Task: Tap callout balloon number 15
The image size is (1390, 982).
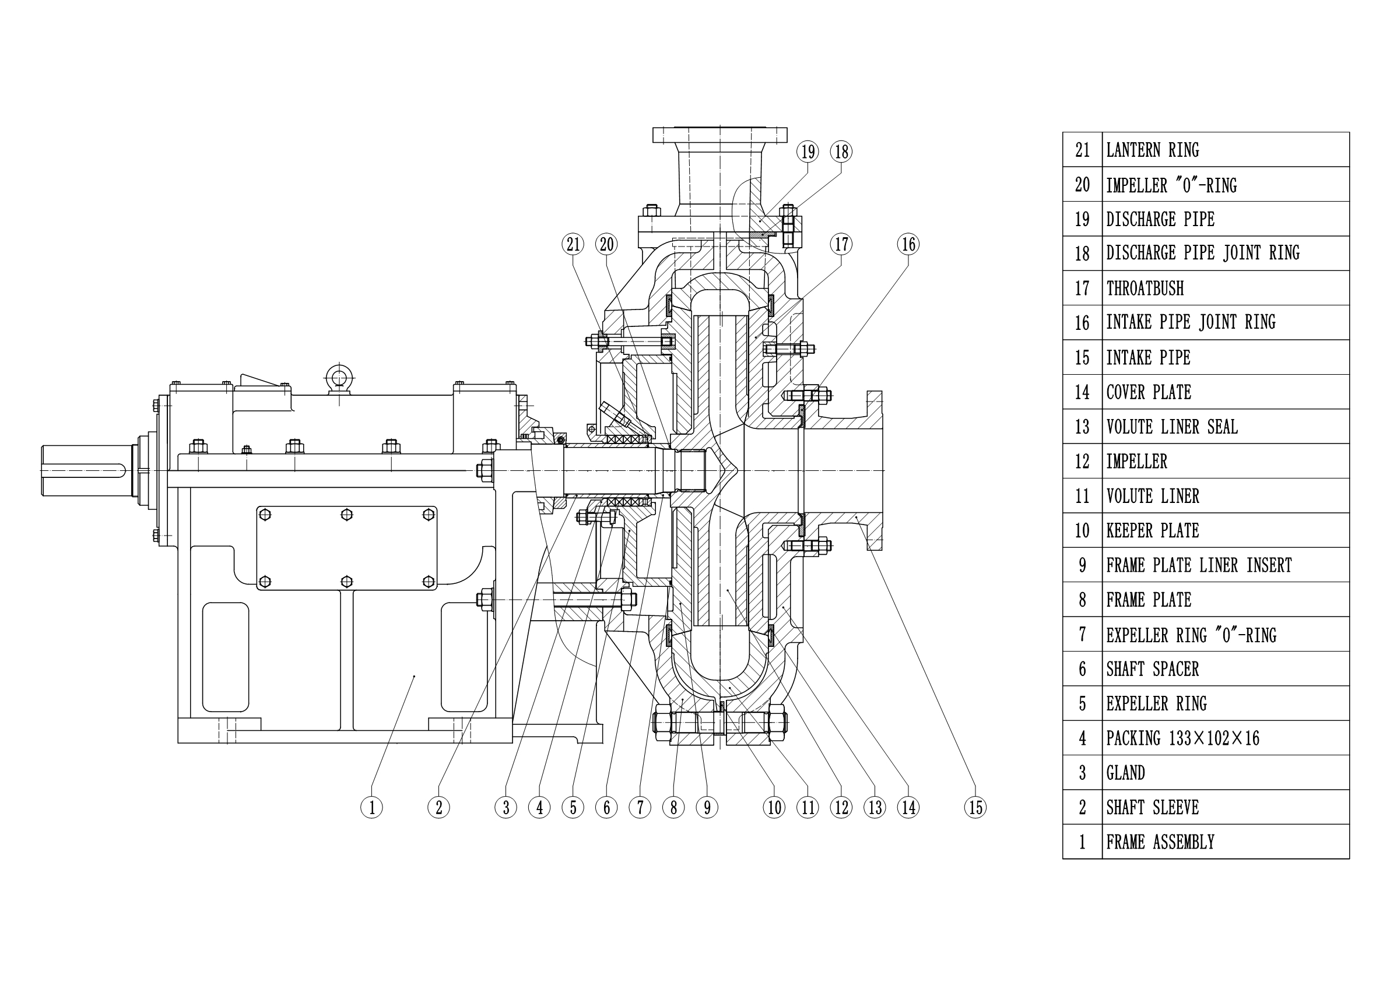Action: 975,807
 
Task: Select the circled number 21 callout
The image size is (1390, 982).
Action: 573,244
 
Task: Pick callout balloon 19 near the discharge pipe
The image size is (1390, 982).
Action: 808,152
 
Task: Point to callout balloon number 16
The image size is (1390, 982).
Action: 908,244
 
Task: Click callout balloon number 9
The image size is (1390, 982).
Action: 707,807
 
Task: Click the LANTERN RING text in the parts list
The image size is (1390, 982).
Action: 1152,150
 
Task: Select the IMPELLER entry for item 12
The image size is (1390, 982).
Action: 1136,462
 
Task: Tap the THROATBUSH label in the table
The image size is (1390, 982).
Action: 1144,288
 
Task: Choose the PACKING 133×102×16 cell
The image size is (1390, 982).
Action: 1182,738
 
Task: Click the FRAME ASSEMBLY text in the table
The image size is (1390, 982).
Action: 1160,842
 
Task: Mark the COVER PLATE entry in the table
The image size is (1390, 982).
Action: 1149,393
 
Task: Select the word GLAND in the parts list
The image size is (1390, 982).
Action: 1125,773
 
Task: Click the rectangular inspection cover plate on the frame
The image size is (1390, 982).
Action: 346,548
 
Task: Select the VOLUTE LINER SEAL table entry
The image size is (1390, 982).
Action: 1171,427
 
